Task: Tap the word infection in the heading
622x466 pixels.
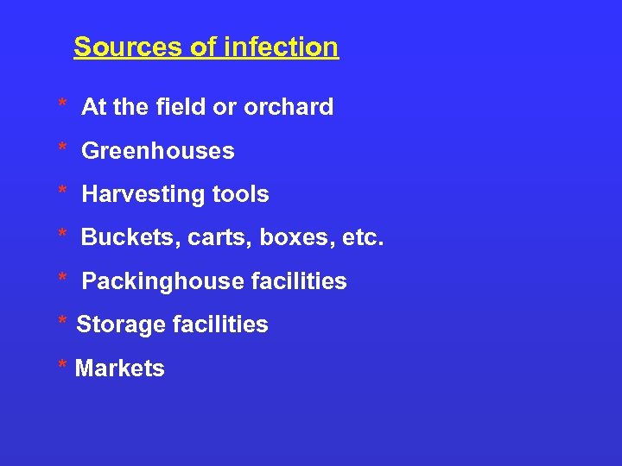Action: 281,47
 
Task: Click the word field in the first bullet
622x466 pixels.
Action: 181,107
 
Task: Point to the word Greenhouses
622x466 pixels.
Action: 157,151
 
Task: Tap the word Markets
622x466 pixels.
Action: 119,368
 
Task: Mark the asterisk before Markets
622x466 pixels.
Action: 62,364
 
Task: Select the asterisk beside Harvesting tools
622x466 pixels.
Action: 62,191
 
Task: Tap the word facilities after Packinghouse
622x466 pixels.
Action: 298,281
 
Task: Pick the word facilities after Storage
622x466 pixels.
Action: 219,325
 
